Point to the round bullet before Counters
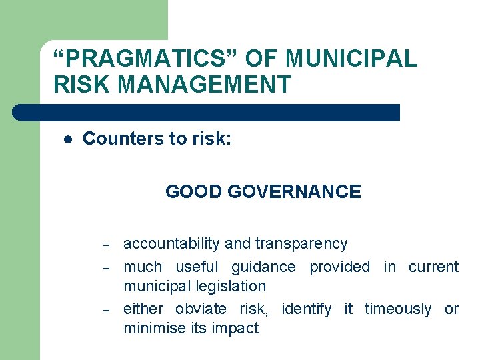(67, 139)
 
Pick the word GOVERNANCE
(294, 192)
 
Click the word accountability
(172, 244)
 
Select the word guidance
(263, 267)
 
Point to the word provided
(339, 267)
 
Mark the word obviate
(202, 309)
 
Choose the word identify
(306, 309)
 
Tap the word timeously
(398, 309)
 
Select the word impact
(235, 329)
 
